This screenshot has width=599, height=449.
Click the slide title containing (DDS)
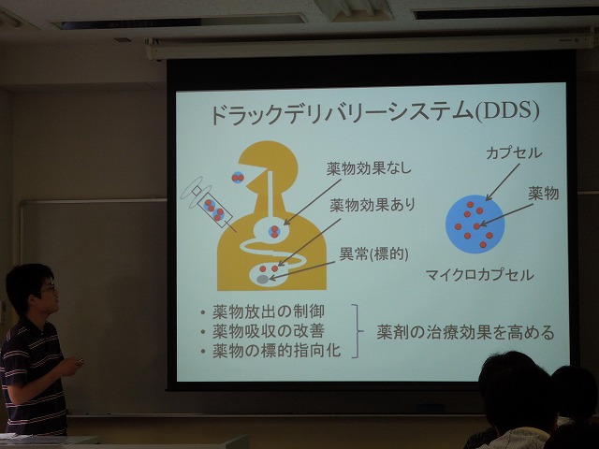[374, 113]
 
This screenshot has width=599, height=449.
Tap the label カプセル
[514, 153]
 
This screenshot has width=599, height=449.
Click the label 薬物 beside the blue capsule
[543, 194]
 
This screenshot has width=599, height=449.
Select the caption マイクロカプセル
[479, 275]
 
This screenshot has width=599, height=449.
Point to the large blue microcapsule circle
[475, 224]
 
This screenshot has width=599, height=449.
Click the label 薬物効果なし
[369, 168]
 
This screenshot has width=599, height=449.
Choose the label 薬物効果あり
[373, 206]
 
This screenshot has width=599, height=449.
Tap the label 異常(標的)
[374, 253]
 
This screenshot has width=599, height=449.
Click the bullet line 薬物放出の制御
[269, 311]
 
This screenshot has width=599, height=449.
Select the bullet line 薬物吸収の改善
[269, 331]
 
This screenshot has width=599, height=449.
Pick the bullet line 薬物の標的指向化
[277, 351]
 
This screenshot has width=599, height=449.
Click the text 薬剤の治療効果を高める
[465, 332]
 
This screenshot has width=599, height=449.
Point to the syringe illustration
[209, 204]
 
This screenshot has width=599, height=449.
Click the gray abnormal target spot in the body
[262, 280]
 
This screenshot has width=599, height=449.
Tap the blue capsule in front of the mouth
[238, 178]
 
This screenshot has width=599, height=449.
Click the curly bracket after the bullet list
[357, 330]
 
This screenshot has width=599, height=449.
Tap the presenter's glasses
[49, 287]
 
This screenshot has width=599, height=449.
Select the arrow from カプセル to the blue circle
[503, 182]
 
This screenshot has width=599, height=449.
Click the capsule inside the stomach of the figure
[274, 231]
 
